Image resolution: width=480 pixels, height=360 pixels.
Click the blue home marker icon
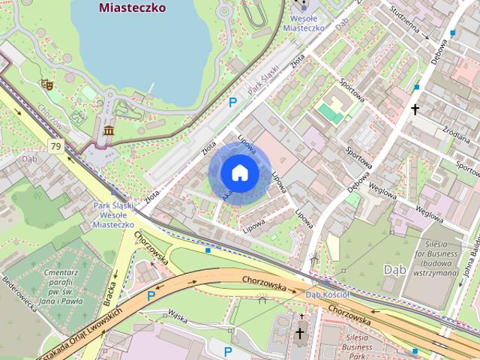pyautogui.click(x=239, y=172)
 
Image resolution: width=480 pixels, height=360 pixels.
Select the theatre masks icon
pyautogui.click(x=46, y=85)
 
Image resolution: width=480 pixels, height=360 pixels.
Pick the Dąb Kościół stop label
pyautogui.click(x=327, y=295)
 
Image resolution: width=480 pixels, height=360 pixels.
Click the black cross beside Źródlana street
pyautogui.click(x=415, y=110)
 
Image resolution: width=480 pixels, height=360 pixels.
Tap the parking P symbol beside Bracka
pyautogui.click(x=151, y=295)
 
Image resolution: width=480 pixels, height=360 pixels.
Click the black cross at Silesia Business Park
pyautogui.click(x=300, y=333)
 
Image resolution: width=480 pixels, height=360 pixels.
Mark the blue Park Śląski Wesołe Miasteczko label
pyautogui.click(x=115, y=214)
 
